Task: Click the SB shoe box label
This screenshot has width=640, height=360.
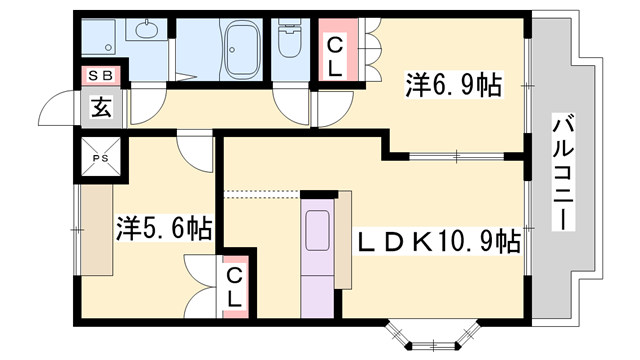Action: tap(101, 74)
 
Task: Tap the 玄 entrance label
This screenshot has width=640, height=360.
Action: tap(102, 105)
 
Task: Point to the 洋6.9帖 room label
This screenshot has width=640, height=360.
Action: tap(453, 84)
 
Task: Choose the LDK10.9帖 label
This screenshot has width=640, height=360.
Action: tap(440, 241)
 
